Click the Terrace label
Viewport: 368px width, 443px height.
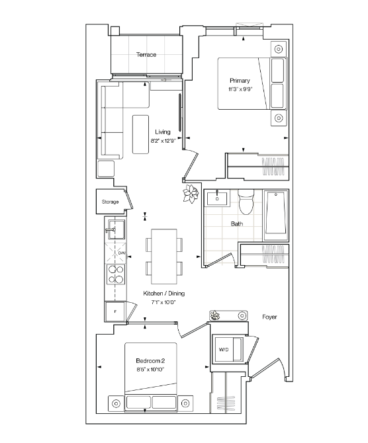(x=146, y=54)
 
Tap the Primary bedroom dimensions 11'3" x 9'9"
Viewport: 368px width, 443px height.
(x=240, y=89)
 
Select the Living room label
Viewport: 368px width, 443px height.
(x=163, y=132)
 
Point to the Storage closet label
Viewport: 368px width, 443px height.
(x=110, y=202)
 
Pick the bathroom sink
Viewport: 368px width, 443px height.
(x=217, y=198)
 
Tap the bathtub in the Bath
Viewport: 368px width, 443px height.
(x=276, y=216)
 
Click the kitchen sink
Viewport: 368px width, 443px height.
(x=116, y=229)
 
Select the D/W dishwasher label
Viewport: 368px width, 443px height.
(x=122, y=253)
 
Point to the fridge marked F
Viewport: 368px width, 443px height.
(x=115, y=311)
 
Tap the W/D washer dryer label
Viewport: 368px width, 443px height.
(x=224, y=350)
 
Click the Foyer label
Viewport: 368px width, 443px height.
(x=269, y=317)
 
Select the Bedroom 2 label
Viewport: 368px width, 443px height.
(x=150, y=360)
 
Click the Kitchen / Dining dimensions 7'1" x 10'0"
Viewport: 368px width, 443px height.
(x=163, y=302)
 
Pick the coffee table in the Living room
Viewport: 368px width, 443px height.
(x=140, y=134)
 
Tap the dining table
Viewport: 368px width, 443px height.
(x=164, y=257)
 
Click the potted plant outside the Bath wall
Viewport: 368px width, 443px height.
(x=191, y=194)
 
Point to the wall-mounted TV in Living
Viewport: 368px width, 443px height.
(x=179, y=112)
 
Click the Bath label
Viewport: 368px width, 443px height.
(x=237, y=223)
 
